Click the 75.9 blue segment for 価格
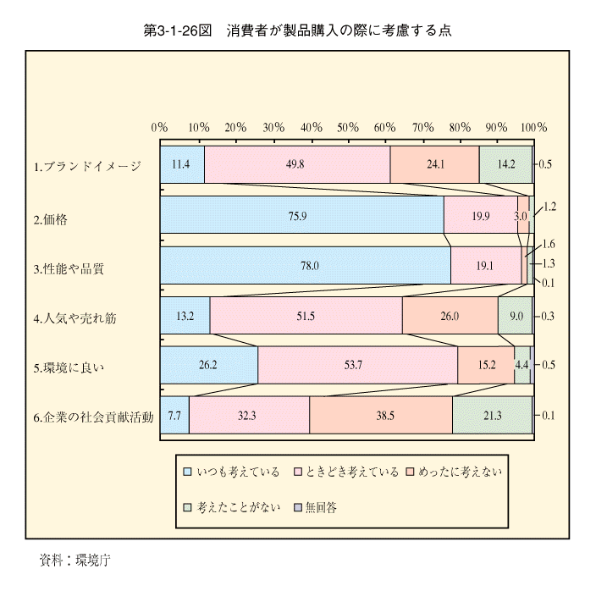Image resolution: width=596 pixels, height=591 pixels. [302, 215]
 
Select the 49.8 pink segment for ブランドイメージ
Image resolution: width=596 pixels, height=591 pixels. [297, 164]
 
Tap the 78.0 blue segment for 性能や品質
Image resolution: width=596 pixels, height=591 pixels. [306, 265]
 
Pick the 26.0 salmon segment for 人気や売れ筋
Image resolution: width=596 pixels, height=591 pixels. [450, 316]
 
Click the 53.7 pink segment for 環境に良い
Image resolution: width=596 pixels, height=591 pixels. [357, 365]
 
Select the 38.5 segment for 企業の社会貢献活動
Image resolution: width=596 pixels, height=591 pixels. [381, 415]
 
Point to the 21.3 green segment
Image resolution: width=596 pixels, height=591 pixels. [492, 415]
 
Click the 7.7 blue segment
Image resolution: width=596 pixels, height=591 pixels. [175, 415]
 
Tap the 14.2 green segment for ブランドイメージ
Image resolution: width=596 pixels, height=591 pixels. [506, 164]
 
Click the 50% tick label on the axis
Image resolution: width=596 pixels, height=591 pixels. [348, 127]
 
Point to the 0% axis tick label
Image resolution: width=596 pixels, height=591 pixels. [159, 127]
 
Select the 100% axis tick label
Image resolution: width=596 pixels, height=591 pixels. [533, 127]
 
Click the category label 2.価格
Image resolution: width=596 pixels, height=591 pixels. [51, 219]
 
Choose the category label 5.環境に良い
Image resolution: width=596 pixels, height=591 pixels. [69, 368]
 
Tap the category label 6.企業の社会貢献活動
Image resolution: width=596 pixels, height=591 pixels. [93, 417]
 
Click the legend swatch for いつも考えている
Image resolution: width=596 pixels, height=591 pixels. [187, 472]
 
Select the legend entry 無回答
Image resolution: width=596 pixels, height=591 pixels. [317, 507]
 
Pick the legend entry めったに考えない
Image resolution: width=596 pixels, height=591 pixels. [455, 472]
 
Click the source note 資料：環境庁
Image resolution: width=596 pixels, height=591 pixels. [74, 560]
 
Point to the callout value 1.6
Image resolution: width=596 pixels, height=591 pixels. [548, 244]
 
